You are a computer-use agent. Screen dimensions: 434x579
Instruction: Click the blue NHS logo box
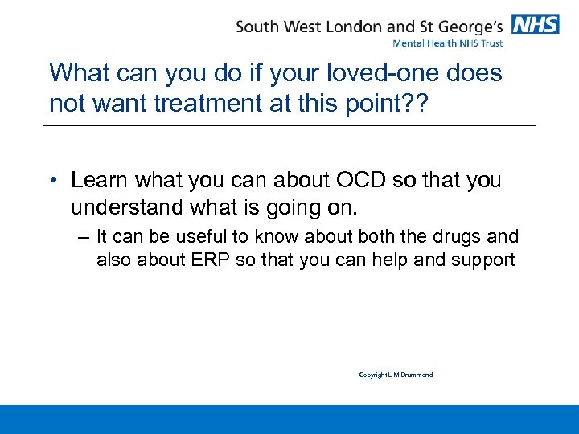coord(535,24)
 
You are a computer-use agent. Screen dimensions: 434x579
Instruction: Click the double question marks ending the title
coord(412,104)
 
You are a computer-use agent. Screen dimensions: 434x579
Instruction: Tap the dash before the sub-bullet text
coord(83,238)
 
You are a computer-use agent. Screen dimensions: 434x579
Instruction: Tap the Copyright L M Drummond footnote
coord(396,375)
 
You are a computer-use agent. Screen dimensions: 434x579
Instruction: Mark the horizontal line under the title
coord(289,125)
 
